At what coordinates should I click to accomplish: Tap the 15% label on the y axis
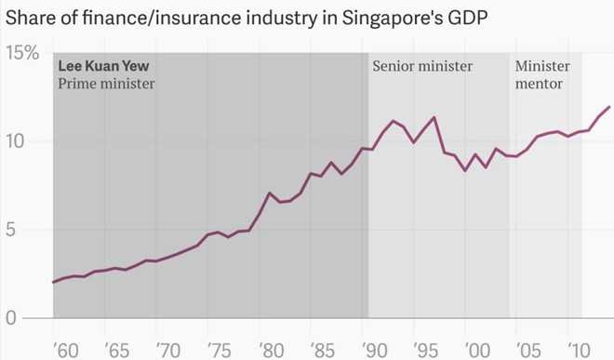pos(23,54)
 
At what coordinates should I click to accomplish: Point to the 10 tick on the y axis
pos(17,141)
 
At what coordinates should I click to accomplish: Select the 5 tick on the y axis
pos(10,230)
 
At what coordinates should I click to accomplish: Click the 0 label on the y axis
pos(10,318)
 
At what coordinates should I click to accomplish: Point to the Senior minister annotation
pos(422,67)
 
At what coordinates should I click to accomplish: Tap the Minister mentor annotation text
pos(543,75)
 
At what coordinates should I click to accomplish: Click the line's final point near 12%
pos(609,107)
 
